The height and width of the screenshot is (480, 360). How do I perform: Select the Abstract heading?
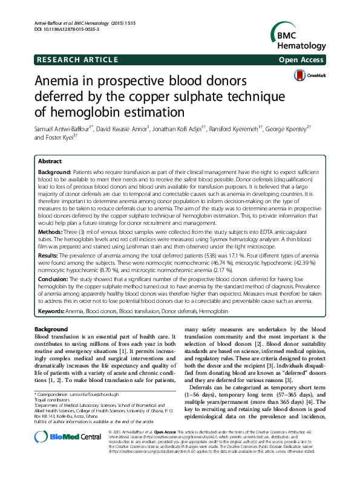[50, 162]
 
